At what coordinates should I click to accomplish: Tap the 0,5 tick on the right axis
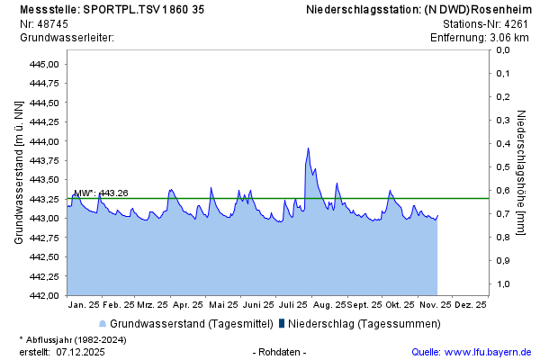click(503, 166)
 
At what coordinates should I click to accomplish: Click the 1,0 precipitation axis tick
click(503, 283)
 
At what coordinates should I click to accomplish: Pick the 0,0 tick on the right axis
click(503, 49)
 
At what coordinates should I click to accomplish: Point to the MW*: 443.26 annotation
click(101, 193)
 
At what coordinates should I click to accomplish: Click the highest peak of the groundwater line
click(308, 148)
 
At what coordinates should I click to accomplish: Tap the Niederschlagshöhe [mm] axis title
click(522, 172)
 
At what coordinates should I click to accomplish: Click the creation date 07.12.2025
click(81, 352)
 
